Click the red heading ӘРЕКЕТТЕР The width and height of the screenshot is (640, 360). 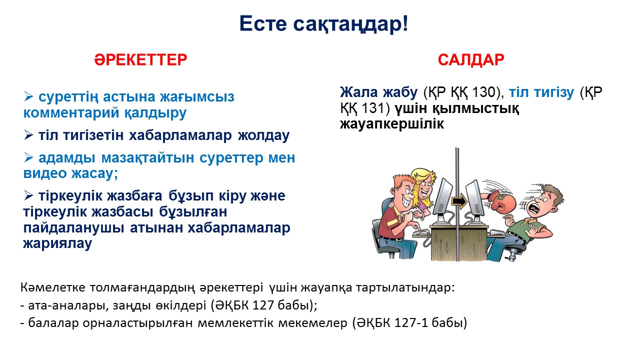(x=140, y=59)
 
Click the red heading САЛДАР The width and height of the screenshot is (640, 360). (x=471, y=60)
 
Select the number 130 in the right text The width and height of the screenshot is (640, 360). (x=483, y=92)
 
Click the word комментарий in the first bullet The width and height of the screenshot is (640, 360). (x=71, y=112)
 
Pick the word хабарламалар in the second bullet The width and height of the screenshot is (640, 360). (x=180, y=135)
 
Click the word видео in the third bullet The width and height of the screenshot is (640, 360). (x=44, y=173)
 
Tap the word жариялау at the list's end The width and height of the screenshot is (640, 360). (x=57, y=243)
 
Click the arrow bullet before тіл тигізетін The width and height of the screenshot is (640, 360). (x=29, y=135)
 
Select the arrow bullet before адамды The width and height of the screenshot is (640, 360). (x=29, y=157)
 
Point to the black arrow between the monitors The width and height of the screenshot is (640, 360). (x=459, y=201)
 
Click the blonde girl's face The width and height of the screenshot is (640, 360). (x=424, y=188)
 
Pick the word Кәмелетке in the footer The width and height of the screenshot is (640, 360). (x=53, y=287)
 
